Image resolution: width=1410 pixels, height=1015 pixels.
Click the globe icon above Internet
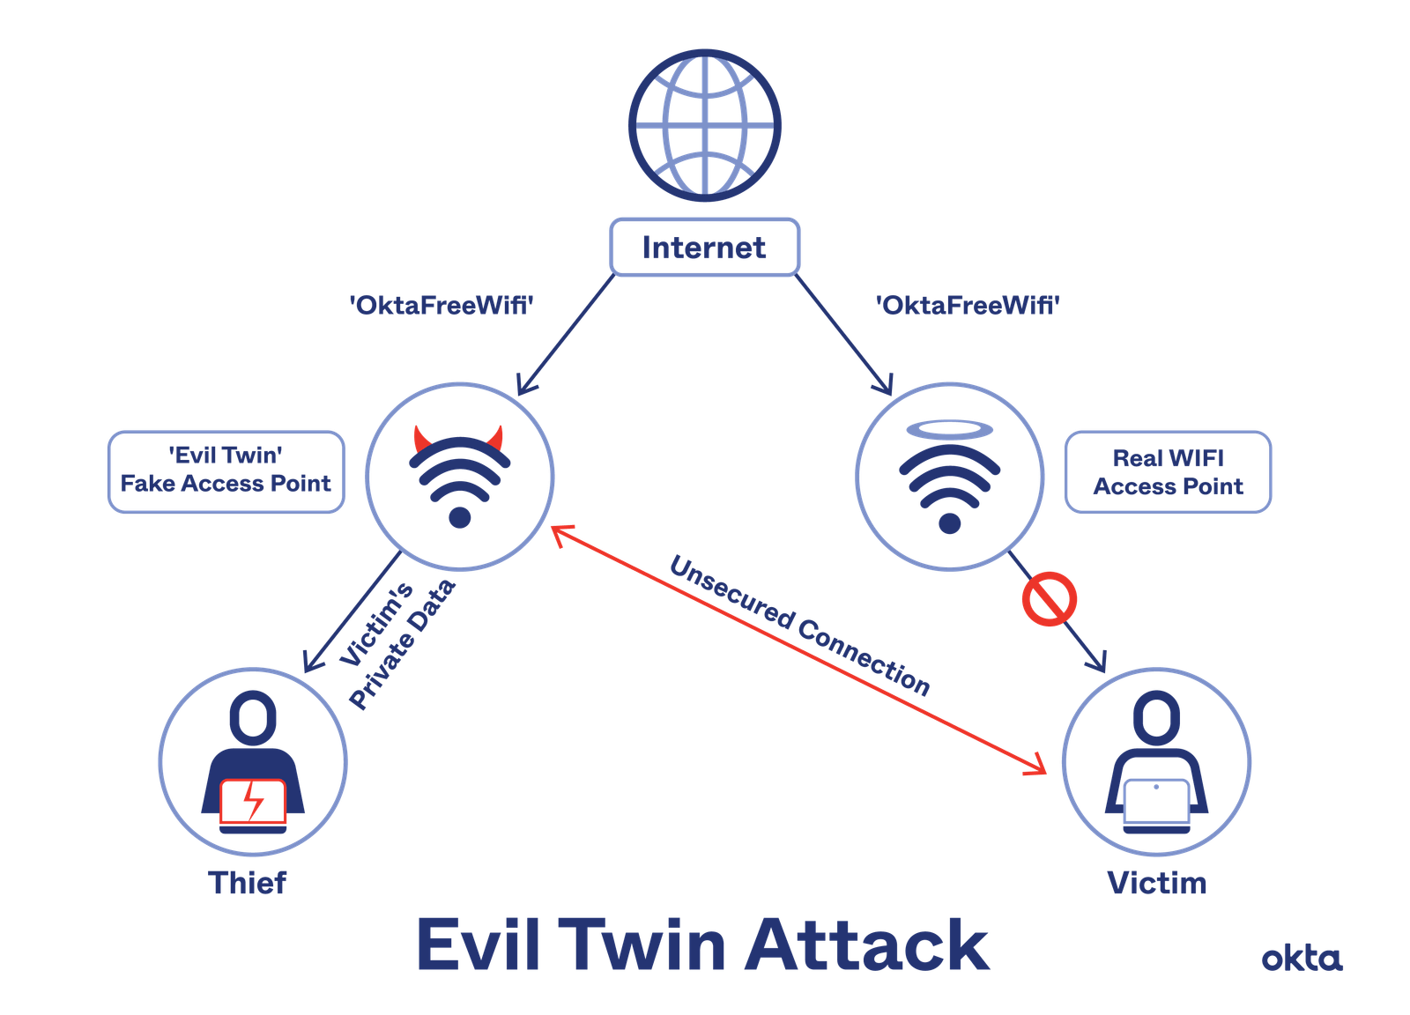pyautogui.click(x=704, y=124)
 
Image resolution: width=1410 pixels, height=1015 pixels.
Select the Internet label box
pyautogui.click(x=704, y=248)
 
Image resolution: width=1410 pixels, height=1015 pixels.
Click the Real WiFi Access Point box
pyautogui.click(x=1168, y=472)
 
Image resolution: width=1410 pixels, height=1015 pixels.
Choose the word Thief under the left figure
pyautogui.click(x=248, y=882)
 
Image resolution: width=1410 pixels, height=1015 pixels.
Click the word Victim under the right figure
pyautogui.click(x=1157, y=882)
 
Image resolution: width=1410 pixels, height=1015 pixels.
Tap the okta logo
pyautogui.click(x=1302, y=958)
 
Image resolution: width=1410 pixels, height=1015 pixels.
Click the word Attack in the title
pyautogui.click(x=868, y=945)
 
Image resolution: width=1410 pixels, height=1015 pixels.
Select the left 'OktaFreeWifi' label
pyautogui.click(x=442, y=306)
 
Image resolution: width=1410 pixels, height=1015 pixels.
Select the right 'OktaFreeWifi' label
pyautogui.click(x=968, y=306)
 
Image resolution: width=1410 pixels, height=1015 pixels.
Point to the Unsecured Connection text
pyautogui.click(x=799, y=626)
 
